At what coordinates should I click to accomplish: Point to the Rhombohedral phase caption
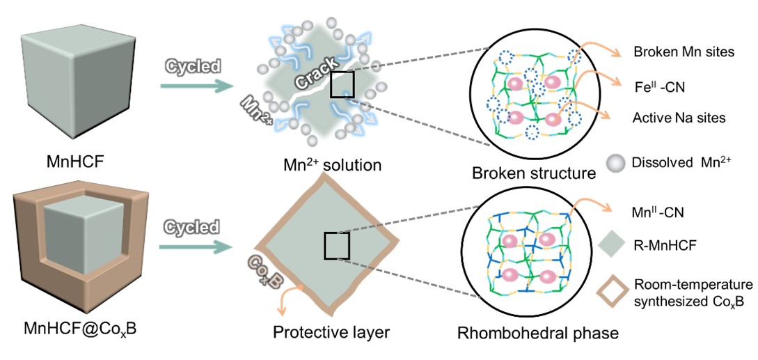(x=538, y=333)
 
